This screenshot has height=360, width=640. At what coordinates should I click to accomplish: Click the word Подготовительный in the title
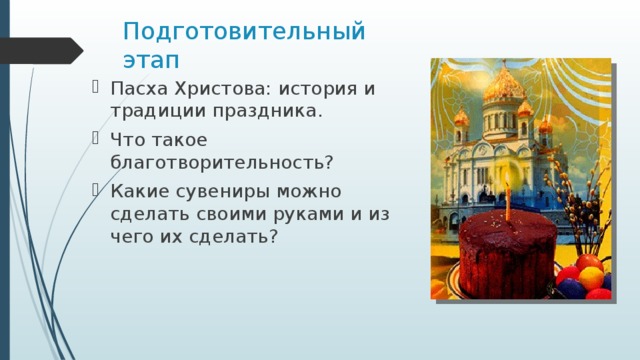[x=244, y=30]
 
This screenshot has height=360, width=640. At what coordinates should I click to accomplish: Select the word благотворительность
[x=221, y=162]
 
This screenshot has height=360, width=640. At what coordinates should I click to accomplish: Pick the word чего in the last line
[x=133, y=237]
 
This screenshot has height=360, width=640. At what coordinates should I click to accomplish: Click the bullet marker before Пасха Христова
[x=96, y=88]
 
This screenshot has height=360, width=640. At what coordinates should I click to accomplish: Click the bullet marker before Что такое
[x=96, y=139]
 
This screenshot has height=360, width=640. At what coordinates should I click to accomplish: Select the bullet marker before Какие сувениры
[x=96, y=190]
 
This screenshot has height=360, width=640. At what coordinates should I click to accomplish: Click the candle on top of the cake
[x=508, y=200]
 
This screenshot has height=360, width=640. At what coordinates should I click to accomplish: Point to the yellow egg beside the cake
[x=590, y=276]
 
